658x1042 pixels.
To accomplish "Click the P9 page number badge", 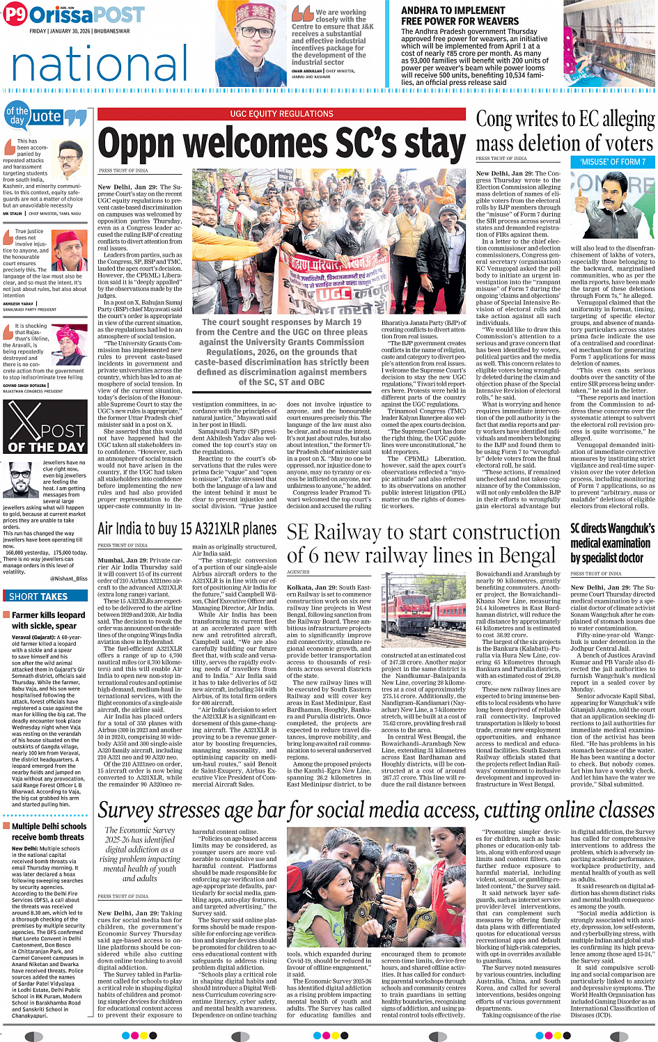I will pyautogui.click(x=15, y=15).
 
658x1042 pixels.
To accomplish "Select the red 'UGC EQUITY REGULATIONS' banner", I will pyautogui.click(x=281, y=113).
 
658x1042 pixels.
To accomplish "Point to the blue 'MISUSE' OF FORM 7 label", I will pyautogui.click(x=613, y=161).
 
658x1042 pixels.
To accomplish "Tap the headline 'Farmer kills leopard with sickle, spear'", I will pyautogui.click(x=49, y=620).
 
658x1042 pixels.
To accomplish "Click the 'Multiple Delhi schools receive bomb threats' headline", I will pyautogui.click(x=49, y=832).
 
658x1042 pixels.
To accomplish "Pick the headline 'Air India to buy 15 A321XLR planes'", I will pyautogui.click(x=187, y=529).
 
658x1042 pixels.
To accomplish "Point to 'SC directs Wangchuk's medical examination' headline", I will pyautogui.click(x=612, y=543).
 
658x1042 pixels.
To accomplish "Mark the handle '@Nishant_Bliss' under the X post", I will pyautogui.click(x=69, y=578).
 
